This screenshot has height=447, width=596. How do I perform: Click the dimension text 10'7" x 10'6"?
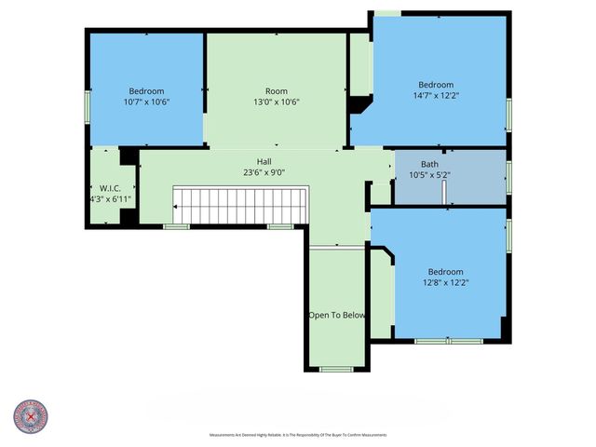coord(146,102)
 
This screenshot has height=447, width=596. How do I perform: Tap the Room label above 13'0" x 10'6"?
coord(277,90)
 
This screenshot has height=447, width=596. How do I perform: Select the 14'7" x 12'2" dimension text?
coord(436,95)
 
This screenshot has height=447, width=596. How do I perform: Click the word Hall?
coord(264,161)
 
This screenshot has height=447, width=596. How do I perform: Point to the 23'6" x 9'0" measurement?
coord(264,172)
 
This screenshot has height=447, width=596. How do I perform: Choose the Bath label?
coord(430,163)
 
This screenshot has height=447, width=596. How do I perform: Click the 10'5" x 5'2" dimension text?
coord(430,174)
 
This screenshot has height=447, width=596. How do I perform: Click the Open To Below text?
coord(337,315)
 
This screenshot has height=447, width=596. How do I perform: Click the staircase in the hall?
coord(240,205)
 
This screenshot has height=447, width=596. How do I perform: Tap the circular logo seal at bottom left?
coord(31,416)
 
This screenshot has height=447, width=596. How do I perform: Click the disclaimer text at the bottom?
coord(298,435)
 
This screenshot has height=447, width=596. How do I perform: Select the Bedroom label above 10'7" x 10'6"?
coord(146,90)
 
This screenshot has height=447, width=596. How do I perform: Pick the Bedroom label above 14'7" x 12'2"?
coord(436,84)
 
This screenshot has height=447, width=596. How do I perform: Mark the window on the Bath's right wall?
coord(508,176)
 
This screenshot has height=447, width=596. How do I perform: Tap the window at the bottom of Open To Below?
coord(333,370)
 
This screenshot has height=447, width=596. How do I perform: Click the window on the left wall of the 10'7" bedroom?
coord(88,104)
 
